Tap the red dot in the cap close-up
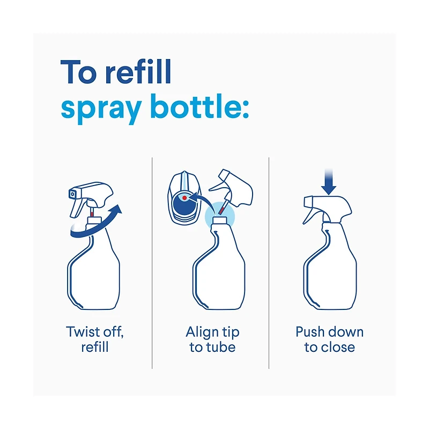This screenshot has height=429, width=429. coord(185,198)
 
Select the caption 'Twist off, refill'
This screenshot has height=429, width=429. coord(95,339)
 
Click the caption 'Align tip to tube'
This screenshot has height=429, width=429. coord(212,339)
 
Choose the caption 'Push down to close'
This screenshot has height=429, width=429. coord(329,339)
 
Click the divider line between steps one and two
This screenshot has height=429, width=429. coord(152,263)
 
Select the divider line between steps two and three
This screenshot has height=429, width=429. coord(269,263)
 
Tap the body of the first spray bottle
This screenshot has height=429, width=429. coord(94,273)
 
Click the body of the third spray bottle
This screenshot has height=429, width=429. coord(330,273)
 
